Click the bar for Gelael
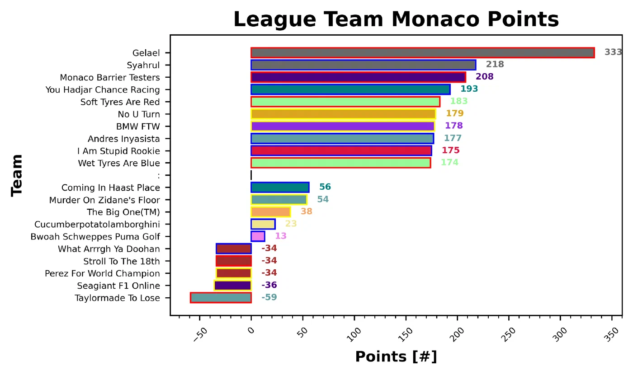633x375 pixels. tap(422, 53)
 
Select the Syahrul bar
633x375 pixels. tap(363, 65)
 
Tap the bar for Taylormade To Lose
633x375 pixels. tap(221, 298)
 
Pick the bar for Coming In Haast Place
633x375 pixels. tap(280, 187)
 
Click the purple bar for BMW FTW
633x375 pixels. tap(342, 126)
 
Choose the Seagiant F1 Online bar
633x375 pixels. tap(232, 286)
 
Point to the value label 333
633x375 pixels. tap(613, 52)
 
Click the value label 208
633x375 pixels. tap(484, 77)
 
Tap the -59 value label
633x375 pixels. tap(269, 297)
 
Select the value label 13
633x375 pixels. tap(280, 236)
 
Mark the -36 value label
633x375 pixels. tap(269, 285)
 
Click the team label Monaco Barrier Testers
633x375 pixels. tap(110, 77)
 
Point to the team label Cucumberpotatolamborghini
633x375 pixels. tap(97, 225)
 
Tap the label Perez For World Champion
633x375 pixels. tap(102, 274)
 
